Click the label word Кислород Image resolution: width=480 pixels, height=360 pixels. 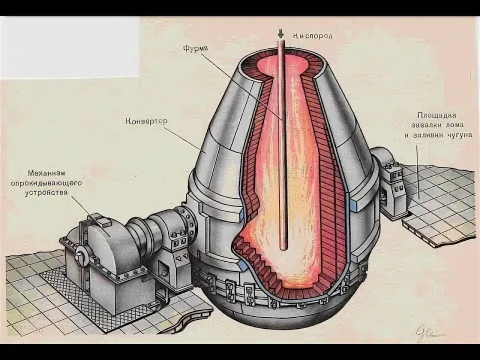[x=312, y=36]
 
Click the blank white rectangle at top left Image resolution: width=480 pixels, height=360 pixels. [x=69, y=47]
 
